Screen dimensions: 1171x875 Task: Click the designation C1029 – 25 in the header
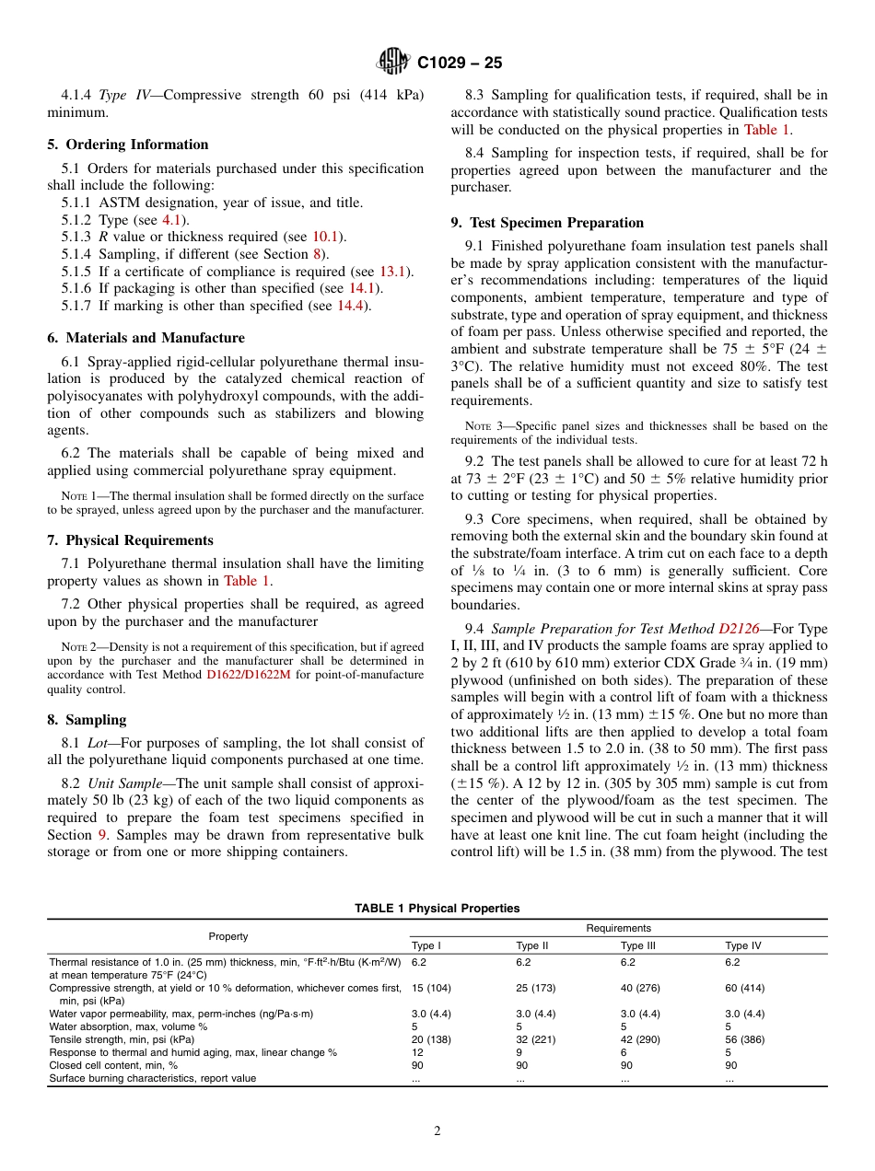[460, 64]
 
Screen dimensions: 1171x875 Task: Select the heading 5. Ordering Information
[128, 145]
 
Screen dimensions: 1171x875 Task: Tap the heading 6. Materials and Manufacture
[146, 338]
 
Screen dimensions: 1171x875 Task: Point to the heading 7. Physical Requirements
[130, 540]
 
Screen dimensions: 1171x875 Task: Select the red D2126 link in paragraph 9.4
[739, 629]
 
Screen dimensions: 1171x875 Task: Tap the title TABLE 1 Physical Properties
[437, 909]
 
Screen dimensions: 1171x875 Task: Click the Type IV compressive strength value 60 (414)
[744, 988]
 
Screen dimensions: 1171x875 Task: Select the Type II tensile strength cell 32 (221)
[536, 1039]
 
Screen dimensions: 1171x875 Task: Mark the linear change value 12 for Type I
[417, 1052]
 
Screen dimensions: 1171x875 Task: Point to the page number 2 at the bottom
[437, 1131]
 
